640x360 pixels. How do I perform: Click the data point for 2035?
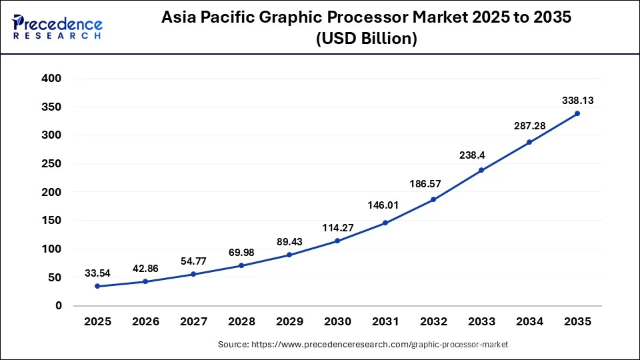577,113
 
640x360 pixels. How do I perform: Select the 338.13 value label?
577,101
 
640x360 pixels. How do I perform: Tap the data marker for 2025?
97,286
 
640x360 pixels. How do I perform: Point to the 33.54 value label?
97,273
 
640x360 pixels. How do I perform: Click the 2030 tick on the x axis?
337,321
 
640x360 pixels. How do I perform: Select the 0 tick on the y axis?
59,306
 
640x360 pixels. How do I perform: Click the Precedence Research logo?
57,27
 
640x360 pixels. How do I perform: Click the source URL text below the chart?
363,345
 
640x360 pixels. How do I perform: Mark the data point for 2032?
433,199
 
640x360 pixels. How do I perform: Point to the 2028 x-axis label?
241,321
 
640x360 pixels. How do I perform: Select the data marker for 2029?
289,255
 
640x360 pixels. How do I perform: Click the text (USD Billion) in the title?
365,39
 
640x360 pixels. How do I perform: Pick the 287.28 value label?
529,125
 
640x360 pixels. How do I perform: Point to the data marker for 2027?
193,274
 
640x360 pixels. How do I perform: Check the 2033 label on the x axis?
481,321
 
